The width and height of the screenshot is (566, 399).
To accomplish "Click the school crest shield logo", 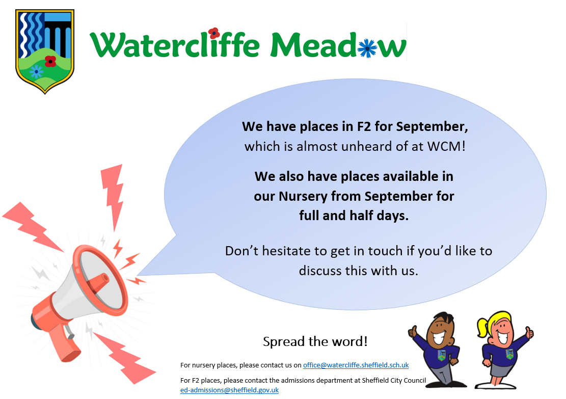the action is click(x=45, y=50).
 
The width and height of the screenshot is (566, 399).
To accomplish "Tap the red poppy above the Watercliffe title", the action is click(x=214, y=33).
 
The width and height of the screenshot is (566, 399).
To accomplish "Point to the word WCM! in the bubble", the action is click(x=446, y=146).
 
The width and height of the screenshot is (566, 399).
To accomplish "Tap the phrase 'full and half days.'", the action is click(x=354, y=216).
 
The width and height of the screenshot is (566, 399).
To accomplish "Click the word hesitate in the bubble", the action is click(x=285, y=251).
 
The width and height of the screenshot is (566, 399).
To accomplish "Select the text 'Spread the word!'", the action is click(x=315, y=341).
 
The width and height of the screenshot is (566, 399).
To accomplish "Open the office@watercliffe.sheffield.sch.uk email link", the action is click(x=356, y=365).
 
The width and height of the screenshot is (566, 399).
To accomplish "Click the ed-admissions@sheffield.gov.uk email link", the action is click(x=230, y=390).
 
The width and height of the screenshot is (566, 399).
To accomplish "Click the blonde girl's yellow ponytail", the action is click(x=482, y=327).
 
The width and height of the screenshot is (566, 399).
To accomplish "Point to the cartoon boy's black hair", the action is click(x=443, y=318).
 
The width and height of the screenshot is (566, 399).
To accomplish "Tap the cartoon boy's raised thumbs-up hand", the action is click(x=412, y=331).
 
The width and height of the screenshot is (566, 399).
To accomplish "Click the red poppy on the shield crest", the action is click(x=50, y=61).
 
